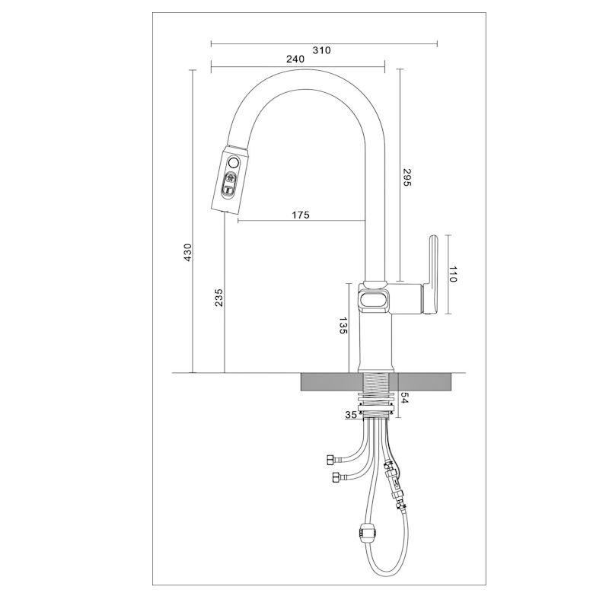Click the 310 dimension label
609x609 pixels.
click(x=321, y=50)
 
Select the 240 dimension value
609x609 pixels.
click(x=295, y=59)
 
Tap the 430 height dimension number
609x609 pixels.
click(x=187, y=253)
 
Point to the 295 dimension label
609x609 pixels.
click(x=407, y=177)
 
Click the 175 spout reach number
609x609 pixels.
click(x=301, y=215)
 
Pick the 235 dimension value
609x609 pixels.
click(x=219, y=297)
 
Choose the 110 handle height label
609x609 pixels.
click(x=453, y=274)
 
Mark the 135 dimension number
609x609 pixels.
click(x=343, y=326)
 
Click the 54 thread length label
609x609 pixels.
click(x=405, y=398)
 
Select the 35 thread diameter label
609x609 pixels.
click(x=351, y=415)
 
